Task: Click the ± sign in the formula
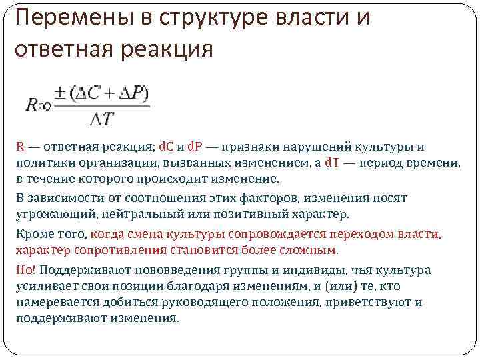[61, 93]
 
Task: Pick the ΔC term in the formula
[89, 93]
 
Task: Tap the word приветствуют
[367, 302]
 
